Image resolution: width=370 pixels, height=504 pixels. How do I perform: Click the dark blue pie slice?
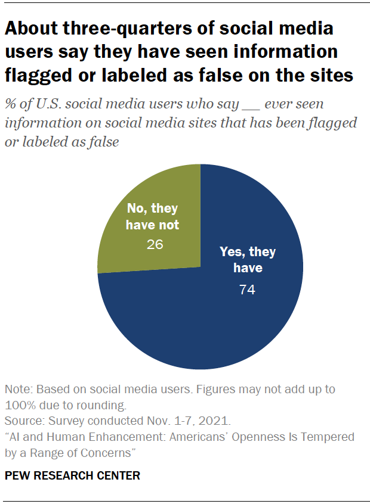coord(215,322)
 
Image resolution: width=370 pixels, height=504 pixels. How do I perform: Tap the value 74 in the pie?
coord(248,290)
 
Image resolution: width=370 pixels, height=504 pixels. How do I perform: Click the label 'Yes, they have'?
coord(248,260)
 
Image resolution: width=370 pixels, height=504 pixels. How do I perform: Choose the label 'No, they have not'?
coord(153,217)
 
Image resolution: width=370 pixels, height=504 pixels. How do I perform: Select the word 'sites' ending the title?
coord(329,76)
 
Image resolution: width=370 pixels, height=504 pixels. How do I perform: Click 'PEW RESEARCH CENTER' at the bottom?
coord(72,475)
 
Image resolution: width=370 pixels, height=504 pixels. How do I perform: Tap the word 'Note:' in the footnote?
coord(18,389)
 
